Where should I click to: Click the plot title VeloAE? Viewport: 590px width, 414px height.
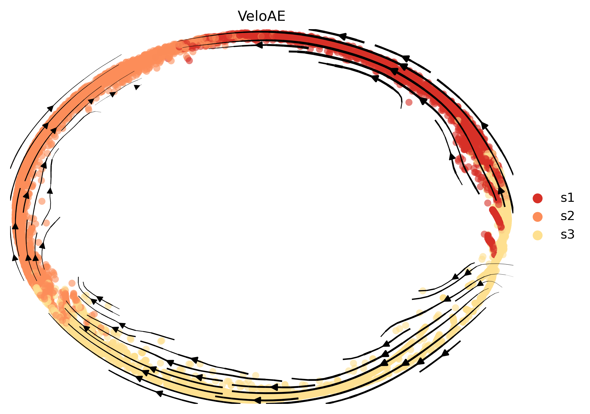[261, 16]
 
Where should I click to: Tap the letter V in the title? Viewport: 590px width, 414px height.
[242, 16]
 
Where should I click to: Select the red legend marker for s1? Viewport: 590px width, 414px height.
[537, 198]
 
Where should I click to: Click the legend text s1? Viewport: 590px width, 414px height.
[567, 198]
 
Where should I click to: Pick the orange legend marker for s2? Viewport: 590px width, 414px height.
[537, 217]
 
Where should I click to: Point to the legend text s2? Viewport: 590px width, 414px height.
[567, 216]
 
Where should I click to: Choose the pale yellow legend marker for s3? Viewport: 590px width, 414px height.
[537, 235]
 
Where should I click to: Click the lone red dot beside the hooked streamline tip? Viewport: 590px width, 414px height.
[409, 102]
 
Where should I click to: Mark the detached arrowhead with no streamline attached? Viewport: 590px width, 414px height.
[137, 87]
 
